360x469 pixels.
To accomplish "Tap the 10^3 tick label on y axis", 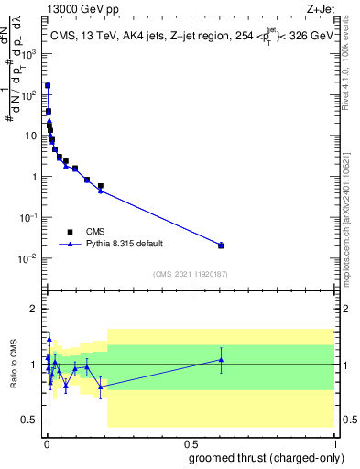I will (x=30, y=54).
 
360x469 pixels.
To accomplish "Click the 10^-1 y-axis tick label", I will (x=30, y=218).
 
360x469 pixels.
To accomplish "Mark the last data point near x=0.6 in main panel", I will (x=221, y=245).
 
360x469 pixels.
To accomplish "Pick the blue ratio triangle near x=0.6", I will (x=221, y=360).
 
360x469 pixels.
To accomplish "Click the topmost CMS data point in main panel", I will (x=47, y=85).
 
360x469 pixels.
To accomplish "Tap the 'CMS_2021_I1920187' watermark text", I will (x=190, y=274).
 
